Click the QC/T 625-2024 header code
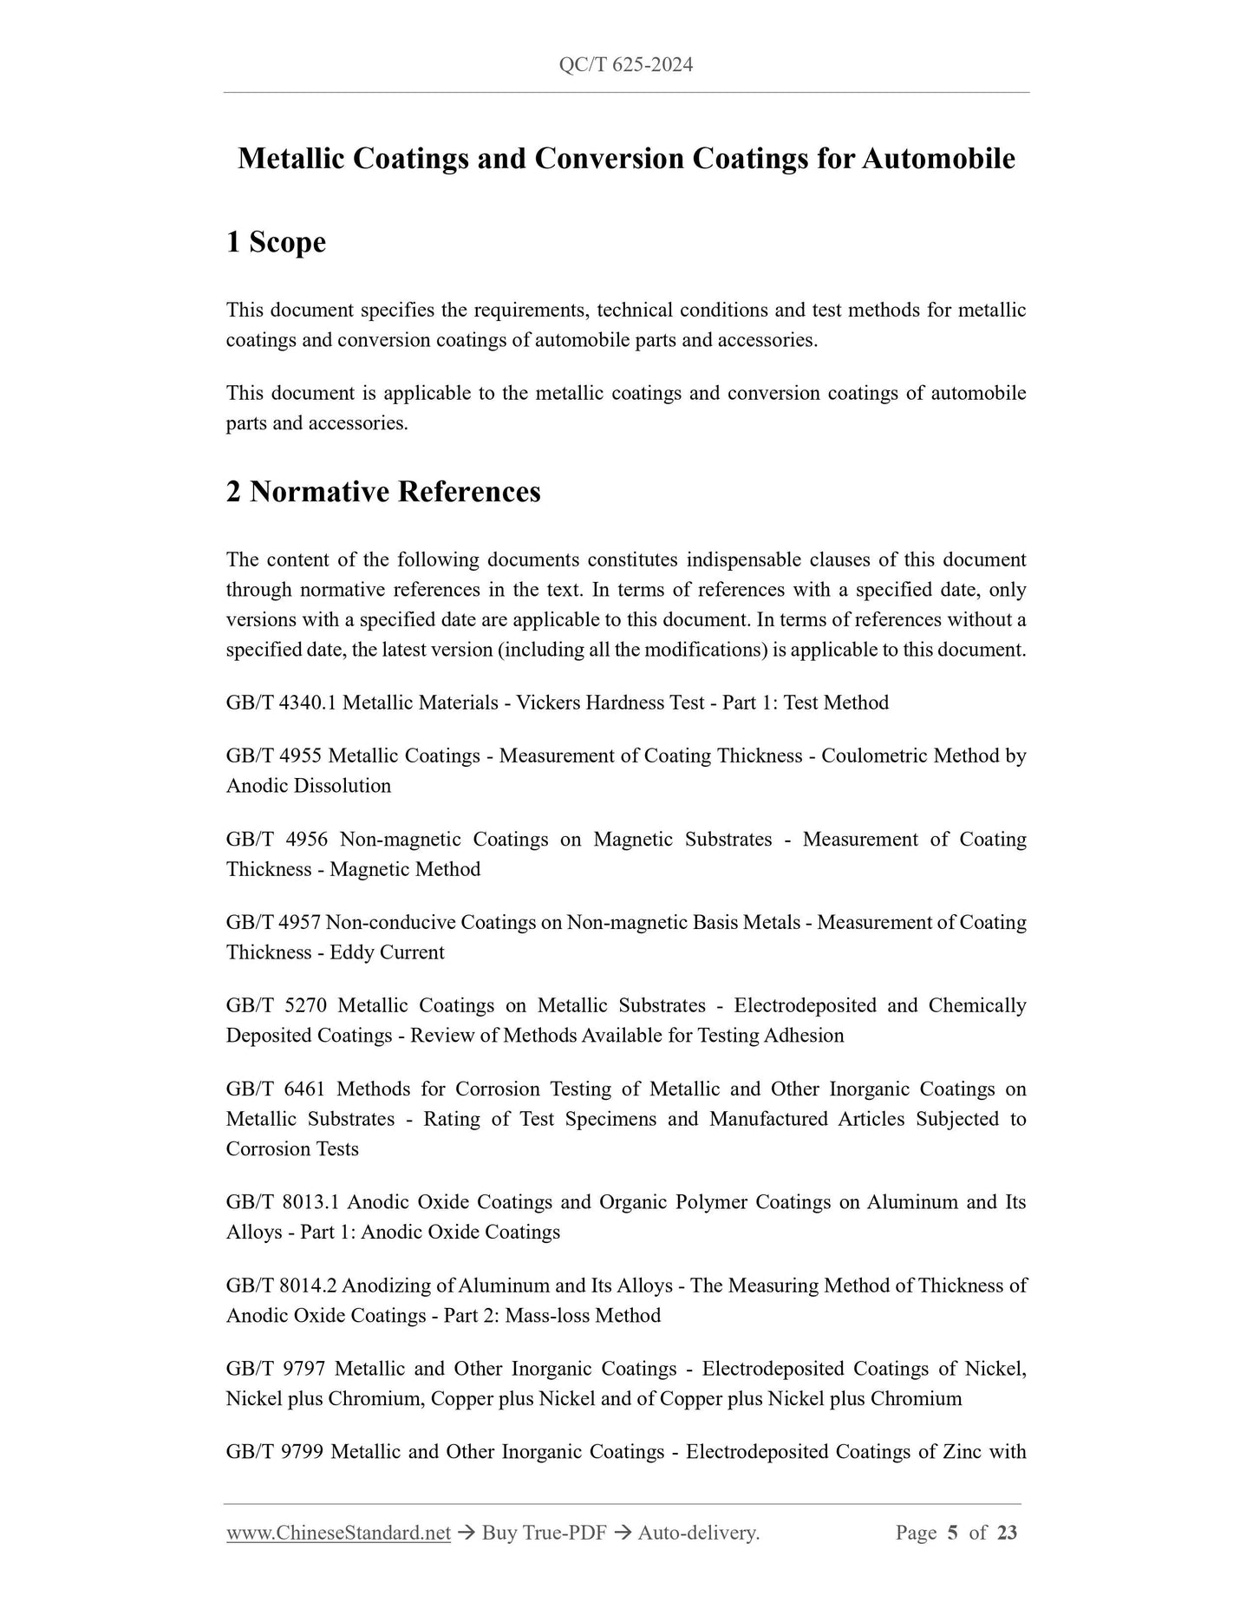point(626,65)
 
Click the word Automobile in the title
point(938,159)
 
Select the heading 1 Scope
point(276,242)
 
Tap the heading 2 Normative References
point(383,492)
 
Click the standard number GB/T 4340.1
point(281,703)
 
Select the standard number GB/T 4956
point(277,840)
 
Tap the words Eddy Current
point(387,952)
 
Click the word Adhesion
point(804,1036)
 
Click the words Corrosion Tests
point(292,1149)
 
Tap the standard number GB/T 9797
point(276,1370)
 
